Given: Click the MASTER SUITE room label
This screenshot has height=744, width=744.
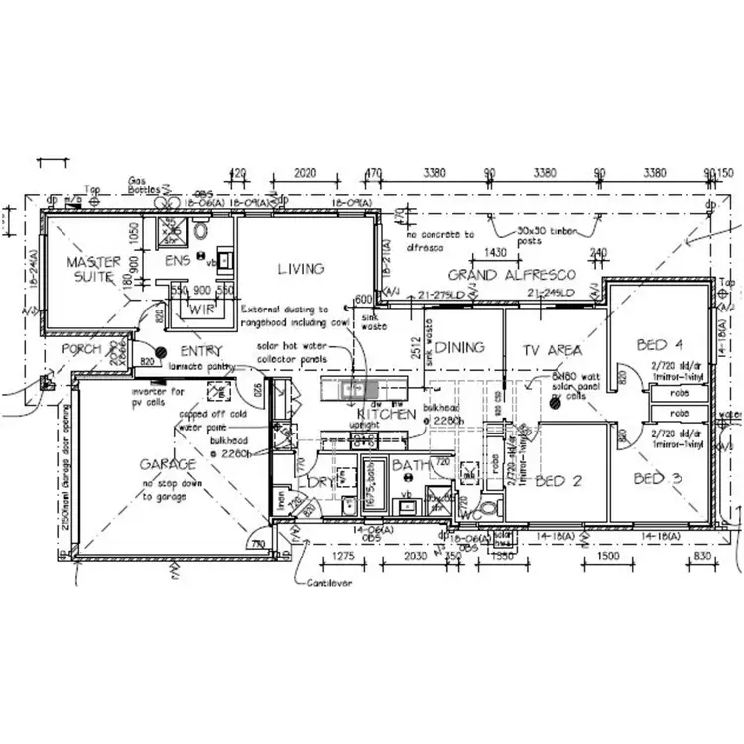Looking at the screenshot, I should (x=93, y=269).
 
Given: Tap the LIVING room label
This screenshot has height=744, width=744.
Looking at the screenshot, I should (x=300, y=269).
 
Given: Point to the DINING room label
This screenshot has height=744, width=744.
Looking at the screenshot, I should (x=460, y=347).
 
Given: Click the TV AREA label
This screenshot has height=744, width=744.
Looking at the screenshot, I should (x=553, y=350).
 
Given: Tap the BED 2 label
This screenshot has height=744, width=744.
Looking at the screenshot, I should (x=558, y=481).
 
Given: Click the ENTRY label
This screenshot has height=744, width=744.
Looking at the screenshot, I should (x=201, y=351).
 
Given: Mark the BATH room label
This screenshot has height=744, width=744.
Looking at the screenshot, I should (x=409, y=464).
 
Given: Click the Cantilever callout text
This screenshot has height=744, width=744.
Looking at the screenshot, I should (x=330, y=583).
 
